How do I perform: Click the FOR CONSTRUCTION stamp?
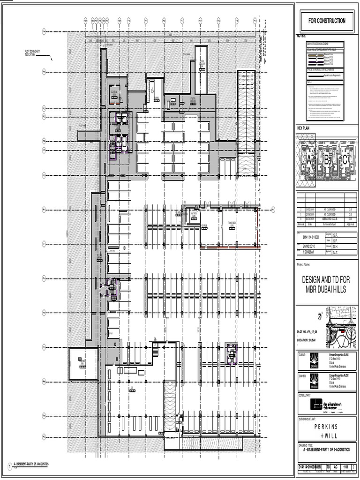pos(327,21)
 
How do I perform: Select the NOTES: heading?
pos(301,36)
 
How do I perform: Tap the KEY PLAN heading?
pos(304,128)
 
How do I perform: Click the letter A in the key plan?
pos(309,160)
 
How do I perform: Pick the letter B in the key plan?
pos(326,160)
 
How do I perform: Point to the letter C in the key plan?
pos(345,160)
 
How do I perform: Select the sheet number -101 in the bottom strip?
pos(345,467)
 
